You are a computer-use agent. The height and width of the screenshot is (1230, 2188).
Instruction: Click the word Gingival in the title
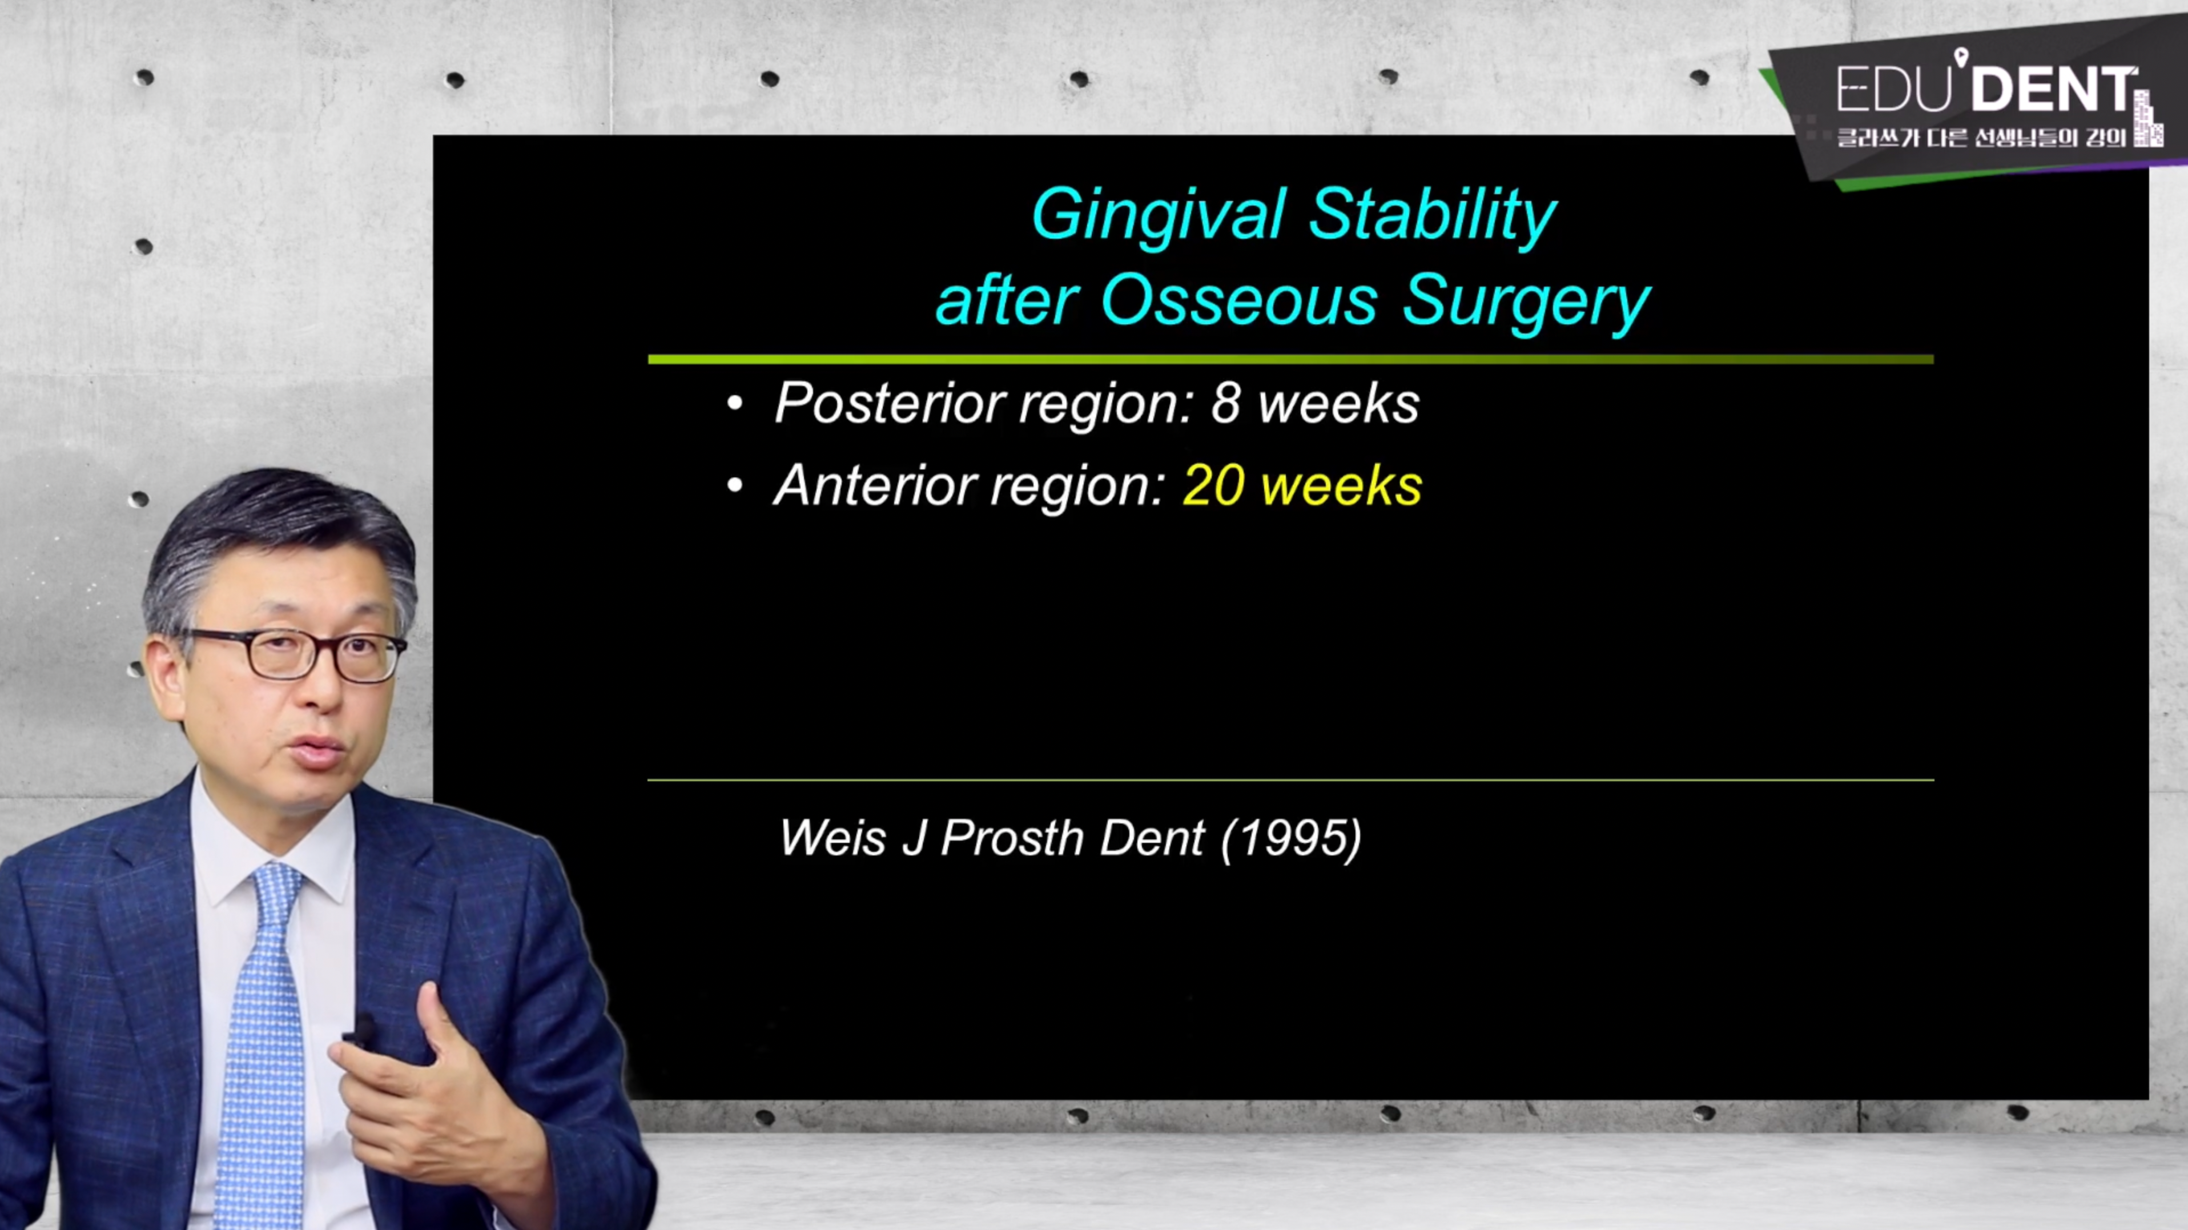pyautogui.click(x=1157, y=216)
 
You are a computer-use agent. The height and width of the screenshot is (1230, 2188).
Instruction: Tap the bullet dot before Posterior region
pyautogui.click(x=735, y=404)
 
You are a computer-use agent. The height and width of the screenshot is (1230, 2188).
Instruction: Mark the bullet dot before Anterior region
pyautogui.click(x=735, y=487)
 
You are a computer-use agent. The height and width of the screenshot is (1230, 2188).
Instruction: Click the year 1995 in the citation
pyautogui.click(x=1291, y=838)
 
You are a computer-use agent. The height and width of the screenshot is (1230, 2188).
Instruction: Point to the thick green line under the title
pyautogui.click(x=1290, y=359)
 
